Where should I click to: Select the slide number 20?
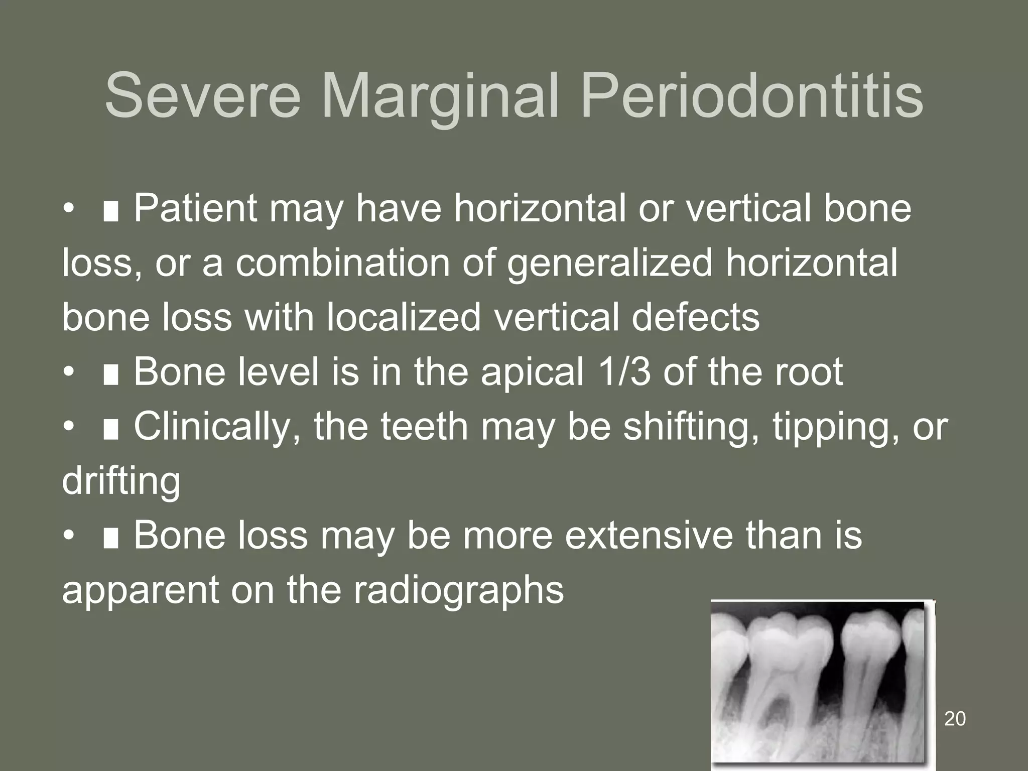(955, 719)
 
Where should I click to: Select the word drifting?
(121, 481)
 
